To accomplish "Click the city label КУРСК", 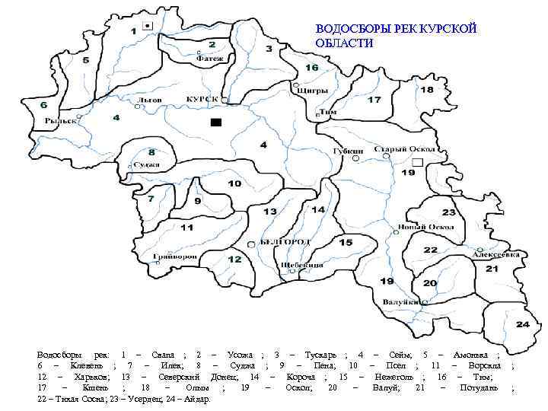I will click(x=202, y=100).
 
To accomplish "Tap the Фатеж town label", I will click(x=213, y=58).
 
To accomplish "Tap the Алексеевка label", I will click(x=499, y=255).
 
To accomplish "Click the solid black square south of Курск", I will click(x=216, y=122).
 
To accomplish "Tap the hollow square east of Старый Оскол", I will click(x=416, y=163).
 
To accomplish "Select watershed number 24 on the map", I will click(x=522, y=324).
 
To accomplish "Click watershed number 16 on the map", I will click(x=312, y=68).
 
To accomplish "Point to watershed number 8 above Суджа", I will click(x=151, y=151).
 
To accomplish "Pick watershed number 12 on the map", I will click(x=234, y=260).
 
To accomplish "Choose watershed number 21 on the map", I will click(x=492, y=269).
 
